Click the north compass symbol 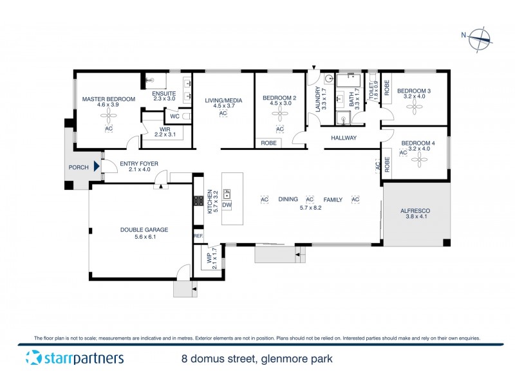point(480,39)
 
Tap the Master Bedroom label point(108,98)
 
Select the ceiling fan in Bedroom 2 point(280,115)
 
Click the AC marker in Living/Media point(223,114)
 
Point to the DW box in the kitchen point(227,205)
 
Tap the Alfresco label point(415,211)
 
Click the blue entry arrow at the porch point(97,167)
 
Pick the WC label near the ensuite point(174,117)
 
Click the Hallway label point(344,138)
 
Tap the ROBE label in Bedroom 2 point(268,143)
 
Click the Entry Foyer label point(139,164)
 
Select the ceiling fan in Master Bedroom point(108,116)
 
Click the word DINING point(288,200)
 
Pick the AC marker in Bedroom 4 point(403,153)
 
